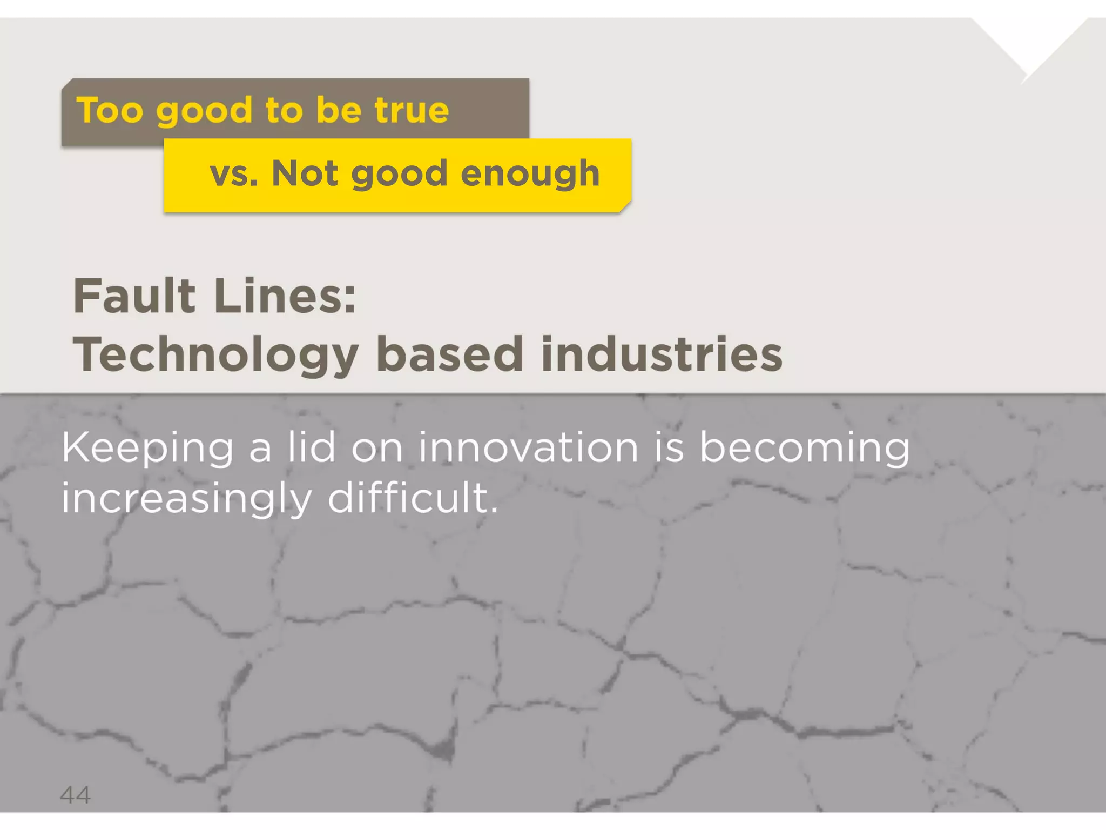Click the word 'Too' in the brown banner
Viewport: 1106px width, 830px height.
[x=110, y=110]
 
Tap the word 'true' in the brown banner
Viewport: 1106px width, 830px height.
[x=412, y=110]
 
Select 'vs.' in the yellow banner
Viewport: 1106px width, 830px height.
[x=234, y=174]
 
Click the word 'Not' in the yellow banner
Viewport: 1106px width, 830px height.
[x=306, y=174]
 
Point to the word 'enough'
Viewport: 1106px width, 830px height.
[x=530, y=174]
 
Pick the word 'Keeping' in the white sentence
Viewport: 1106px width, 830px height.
[x=147, y=449]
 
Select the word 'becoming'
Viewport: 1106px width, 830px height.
[x=805, y=449]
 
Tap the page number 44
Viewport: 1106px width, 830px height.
[x=75, y=795]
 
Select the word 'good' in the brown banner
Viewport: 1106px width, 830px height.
[x=204, y=111]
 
